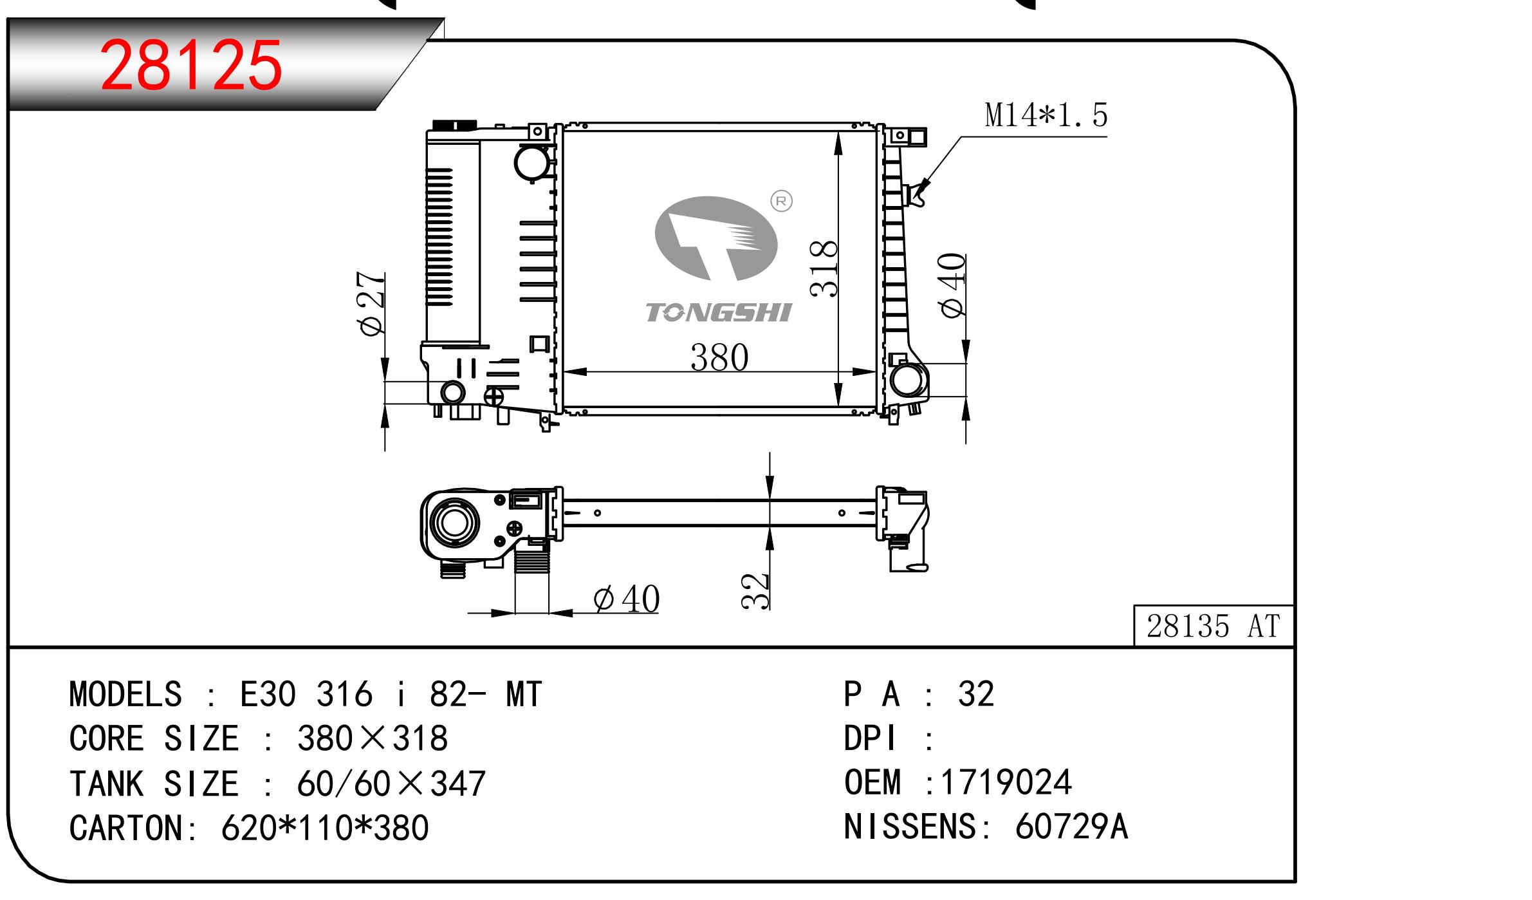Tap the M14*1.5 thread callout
coord(1046,115)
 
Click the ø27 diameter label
coord(372,303)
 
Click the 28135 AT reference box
coord(1213,626)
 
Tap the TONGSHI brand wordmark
coord(718,313)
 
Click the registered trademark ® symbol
coord(781,202)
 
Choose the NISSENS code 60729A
coord(1071,827)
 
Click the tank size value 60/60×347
coord(391,784)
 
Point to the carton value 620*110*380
coord(325,828)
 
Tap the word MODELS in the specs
coord(125,695)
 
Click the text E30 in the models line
coord(268,695)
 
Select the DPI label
coord(869,738)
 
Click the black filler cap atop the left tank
coord(455,124)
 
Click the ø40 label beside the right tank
coord(953,285)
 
